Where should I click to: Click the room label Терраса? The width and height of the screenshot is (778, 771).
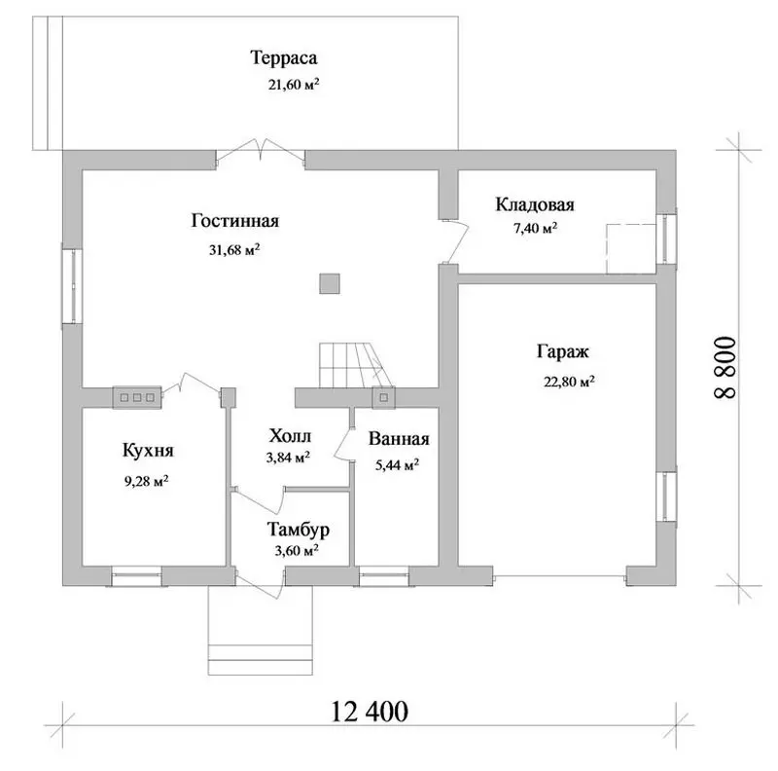click(283, 57)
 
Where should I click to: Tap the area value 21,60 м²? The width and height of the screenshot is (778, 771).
click(294, 84)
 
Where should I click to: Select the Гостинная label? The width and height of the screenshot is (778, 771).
click(235, 221)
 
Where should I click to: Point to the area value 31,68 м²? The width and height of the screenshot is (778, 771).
click(234, 249)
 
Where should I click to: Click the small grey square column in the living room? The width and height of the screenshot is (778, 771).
click(330, 283)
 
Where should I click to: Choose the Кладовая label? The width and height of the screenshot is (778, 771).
click(535, 204)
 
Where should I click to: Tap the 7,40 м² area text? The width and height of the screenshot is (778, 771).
click(535, 229)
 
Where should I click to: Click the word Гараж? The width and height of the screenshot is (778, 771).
click(563, 352)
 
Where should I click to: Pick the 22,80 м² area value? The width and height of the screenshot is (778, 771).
click(569, 382)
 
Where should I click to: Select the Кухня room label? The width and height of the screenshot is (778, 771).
click(148, 451)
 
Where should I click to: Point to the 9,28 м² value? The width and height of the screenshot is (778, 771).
click(147, 481)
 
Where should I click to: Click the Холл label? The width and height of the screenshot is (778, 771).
click(290, 436)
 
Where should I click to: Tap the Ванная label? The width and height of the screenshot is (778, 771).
click(399, 439)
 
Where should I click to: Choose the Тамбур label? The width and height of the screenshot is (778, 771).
click(299, 530)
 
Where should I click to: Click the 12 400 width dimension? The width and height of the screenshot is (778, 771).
click(370, 712)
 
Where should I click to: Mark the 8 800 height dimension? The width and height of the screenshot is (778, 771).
click(725, 367)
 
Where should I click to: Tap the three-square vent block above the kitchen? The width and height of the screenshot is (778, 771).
click(137, 397)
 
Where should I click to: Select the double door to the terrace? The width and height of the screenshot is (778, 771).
click(261, 150)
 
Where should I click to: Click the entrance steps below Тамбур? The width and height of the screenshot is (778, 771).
click(261, 631)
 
